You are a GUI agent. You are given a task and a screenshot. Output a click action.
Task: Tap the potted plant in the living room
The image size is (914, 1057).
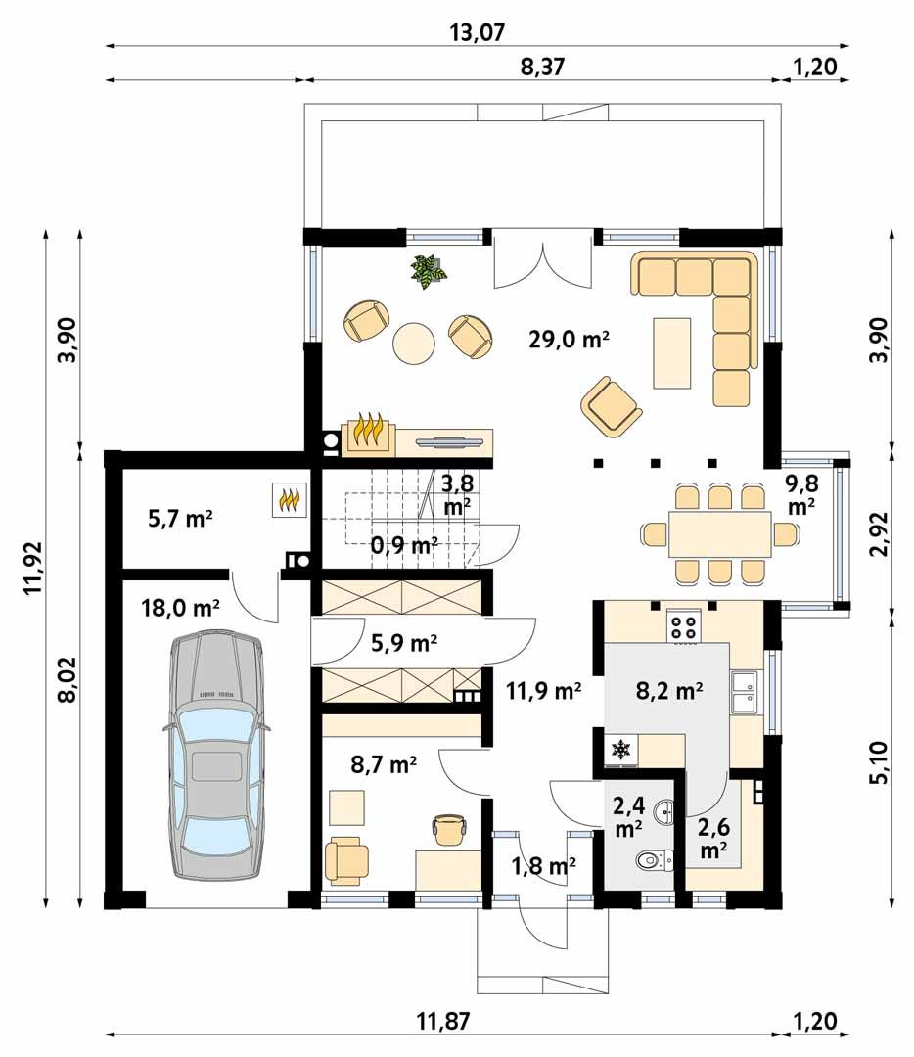(429, 271)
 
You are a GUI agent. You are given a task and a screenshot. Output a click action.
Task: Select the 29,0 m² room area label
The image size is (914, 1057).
(569, 341)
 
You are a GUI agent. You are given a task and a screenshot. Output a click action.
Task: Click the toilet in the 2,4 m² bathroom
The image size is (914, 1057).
(652, 860)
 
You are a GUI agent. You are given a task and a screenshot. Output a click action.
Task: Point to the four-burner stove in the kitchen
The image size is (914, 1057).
(684, 626)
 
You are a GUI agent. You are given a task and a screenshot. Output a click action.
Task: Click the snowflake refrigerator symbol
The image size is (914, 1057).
(619, 751)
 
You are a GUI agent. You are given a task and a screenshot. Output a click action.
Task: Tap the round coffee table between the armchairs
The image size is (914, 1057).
(415, 343)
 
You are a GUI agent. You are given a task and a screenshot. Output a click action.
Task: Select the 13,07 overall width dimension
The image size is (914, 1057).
(477, 32)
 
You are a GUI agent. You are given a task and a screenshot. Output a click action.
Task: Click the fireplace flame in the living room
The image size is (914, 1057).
(368, 433)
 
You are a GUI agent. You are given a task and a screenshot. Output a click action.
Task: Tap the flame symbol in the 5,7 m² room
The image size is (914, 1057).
(290, 500)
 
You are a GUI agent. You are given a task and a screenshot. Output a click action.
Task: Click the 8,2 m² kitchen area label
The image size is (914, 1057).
(670, 692)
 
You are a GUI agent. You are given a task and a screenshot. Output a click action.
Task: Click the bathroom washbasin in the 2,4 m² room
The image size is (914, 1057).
(665, 809)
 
